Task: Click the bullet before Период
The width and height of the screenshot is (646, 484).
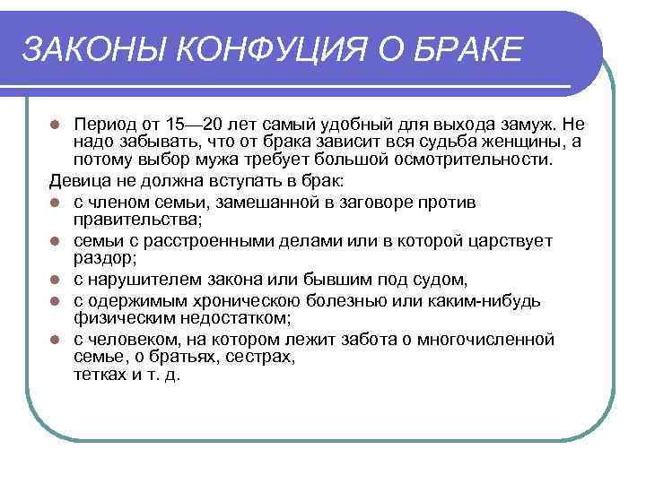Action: [56, 123]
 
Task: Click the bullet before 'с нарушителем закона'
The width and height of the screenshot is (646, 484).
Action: [56, 281]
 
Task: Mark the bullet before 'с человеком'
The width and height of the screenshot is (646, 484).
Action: [56, 340]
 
